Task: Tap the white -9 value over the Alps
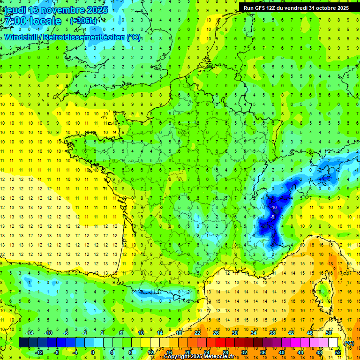coord(272,217)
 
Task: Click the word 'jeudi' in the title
coord(16,10)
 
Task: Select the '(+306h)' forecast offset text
coord(83,21)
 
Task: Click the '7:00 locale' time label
coord(32,22)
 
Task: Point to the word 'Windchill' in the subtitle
coord(22,37)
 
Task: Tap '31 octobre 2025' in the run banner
coord(329,8)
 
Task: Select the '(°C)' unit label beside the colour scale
coord(349,343)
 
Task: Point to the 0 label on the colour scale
coord(93,352)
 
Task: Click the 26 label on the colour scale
coord(216,333)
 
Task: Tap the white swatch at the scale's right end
coord(333,343)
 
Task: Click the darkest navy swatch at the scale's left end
coord(23,343)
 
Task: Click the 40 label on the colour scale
coord(281,352)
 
